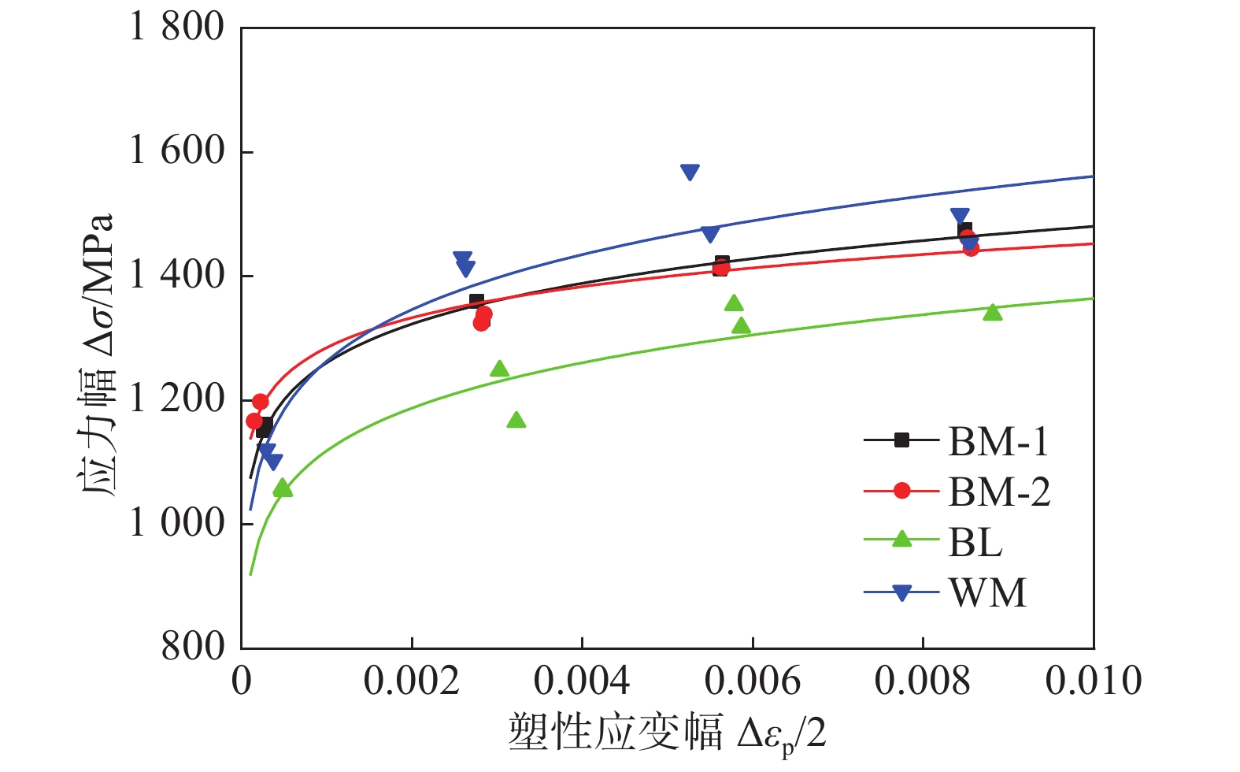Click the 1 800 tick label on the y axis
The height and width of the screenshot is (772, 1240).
[x=176, y=28]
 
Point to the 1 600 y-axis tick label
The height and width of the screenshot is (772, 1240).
[x=176, y=151]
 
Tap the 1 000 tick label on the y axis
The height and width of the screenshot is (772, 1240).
[x=176, y=523]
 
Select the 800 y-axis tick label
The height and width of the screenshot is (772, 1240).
[x=193, y=647]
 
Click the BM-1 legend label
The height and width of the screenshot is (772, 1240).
[x=998, y=441]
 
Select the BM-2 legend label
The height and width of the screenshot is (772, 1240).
[x=999, y=492]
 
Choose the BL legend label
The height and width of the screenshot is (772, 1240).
[x=975, y=542]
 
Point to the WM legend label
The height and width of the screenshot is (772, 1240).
[x=988, y=592]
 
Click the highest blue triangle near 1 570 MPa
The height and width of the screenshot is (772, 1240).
[x=690, y=173]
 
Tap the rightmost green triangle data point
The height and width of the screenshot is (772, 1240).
[x=993, y=313]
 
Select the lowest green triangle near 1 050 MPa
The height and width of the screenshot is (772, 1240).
[x=282, y=489]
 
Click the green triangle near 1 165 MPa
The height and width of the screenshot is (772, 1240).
[x=516, y=420]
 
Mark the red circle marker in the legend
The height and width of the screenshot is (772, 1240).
[x=902, y=491]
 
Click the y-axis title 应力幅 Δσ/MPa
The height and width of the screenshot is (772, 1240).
[x=98, y=354]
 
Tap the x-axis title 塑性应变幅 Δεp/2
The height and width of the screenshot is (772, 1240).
[x=667, y=733]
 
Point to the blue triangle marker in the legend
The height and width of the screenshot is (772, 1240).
[x=902, y=592]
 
